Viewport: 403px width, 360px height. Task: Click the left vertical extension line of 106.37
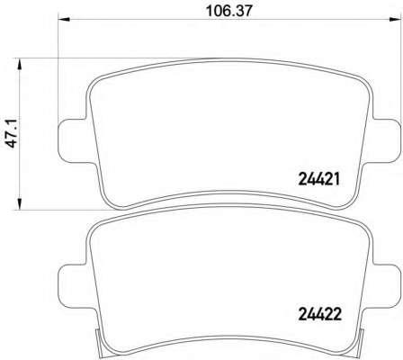[x=58, y=72]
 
